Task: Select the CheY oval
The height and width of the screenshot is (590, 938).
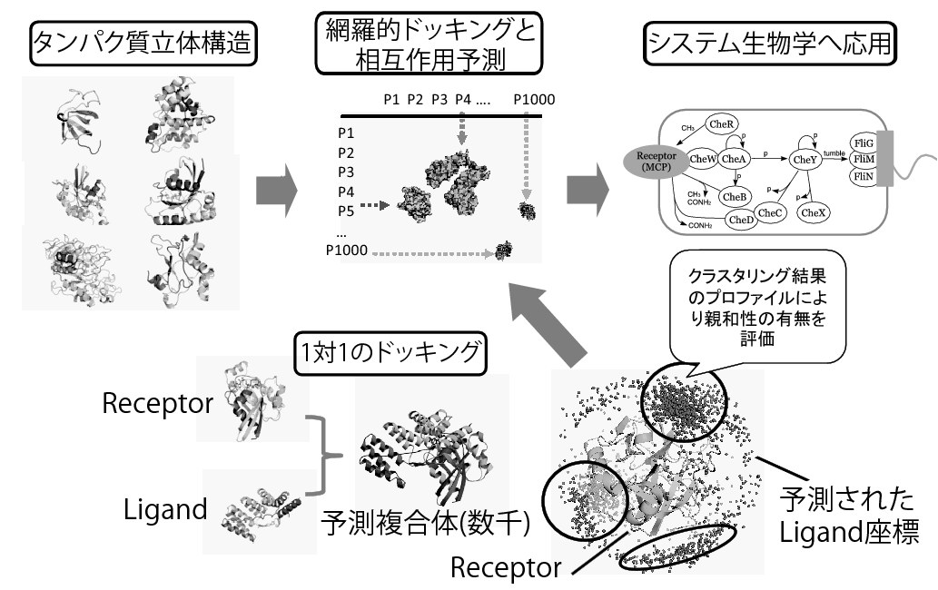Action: click(x=805, y=159)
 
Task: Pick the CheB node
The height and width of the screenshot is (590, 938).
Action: click(x=733, y=195)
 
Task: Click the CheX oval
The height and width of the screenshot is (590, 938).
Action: click(x=812, y=211)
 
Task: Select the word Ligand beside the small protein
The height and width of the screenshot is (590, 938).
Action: click(x=165, y=509)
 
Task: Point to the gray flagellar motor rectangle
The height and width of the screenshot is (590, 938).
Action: click(x=884, y=162)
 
